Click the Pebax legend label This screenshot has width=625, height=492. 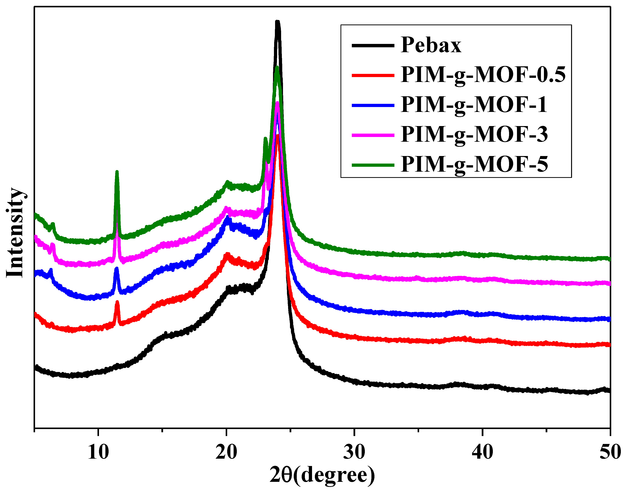[x=431, y=45]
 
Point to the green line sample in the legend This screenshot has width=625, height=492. [x=373, y=165]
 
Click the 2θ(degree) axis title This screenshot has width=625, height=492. [x=322, y=475]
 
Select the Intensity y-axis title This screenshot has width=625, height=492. [x=15, y=233]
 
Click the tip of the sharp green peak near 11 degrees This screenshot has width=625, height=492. [x=117, y=172]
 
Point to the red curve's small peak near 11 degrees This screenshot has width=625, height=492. [x=117, y=302]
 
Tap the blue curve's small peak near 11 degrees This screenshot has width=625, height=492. [x=116, y=269]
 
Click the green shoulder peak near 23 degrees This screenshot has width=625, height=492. [x=265, y=139]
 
